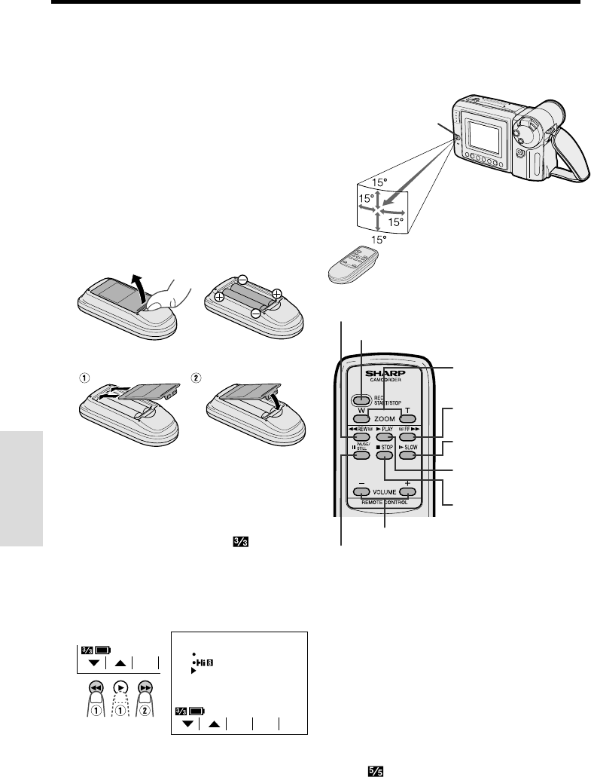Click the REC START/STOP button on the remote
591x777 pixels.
361,401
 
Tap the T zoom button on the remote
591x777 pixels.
408,419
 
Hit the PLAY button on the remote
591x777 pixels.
385,436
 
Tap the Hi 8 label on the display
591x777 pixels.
203,662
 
